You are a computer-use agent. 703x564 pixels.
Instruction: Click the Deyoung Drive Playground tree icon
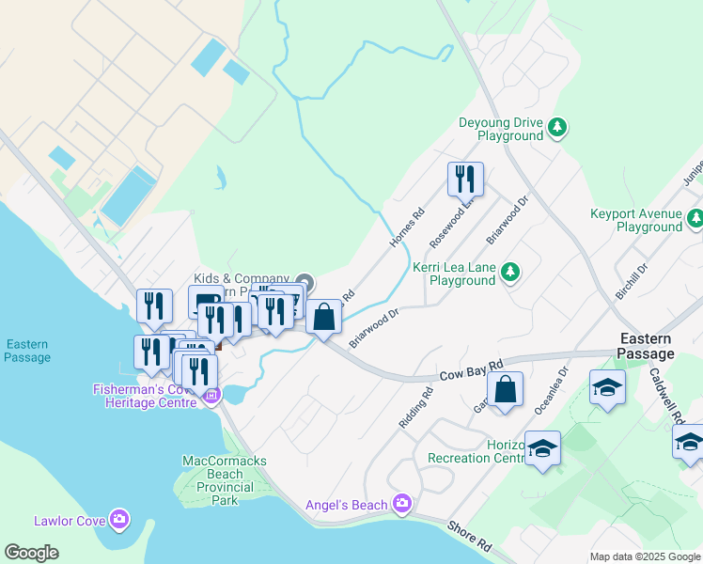[x=557, y=126]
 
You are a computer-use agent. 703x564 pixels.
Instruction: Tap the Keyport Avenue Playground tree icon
[x=695, y=218]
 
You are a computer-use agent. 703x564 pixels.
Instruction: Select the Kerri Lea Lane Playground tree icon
[x=509, y=272]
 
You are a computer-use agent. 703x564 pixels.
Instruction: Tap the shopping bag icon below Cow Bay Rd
[x=505, y=389]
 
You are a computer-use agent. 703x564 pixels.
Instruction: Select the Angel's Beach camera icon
[x=402, y=505]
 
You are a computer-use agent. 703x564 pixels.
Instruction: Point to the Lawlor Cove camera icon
[x=118, y=518]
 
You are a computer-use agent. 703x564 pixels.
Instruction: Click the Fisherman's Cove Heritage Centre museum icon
[x=211, y=395]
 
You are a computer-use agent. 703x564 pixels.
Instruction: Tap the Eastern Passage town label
[x=647, y=346]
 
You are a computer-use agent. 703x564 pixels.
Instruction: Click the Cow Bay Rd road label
[x=471, y=370]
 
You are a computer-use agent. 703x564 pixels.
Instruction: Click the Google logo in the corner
[x=32, y=552]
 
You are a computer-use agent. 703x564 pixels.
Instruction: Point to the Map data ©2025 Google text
[x=645, y=556]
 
